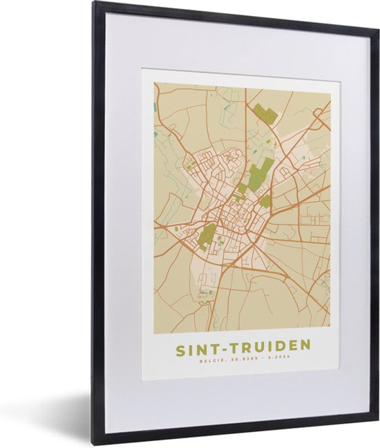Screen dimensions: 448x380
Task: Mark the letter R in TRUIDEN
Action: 241,345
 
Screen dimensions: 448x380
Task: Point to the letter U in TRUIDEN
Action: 254,345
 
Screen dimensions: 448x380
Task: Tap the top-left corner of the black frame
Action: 95,3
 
